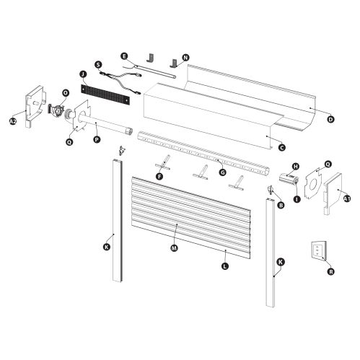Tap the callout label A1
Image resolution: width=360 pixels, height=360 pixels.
(x=347, y=198)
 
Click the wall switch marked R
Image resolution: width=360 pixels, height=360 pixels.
(x=316, y=252)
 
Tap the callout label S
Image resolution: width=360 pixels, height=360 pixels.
(x=97, y=65)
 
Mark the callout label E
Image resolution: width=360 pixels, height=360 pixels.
(x=124, y=56)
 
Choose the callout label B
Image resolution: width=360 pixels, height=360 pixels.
(x=280, y=205)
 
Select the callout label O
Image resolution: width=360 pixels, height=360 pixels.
(x=66, y=92)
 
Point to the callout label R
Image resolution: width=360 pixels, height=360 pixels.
(x=330, y=272)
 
